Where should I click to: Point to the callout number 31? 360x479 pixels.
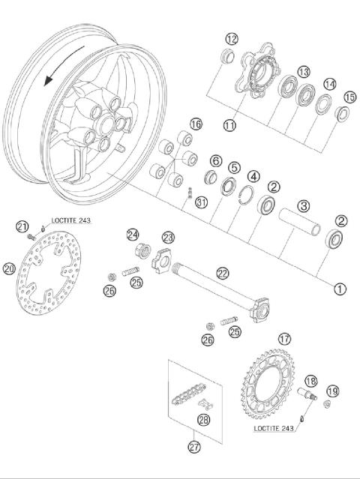(200, 202)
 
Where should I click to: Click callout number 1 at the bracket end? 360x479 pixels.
(340, 287)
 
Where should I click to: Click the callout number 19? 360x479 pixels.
(332, 391)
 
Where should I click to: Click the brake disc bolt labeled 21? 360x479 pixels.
(31, 236)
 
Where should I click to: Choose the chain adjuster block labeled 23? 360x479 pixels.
(163, 262)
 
